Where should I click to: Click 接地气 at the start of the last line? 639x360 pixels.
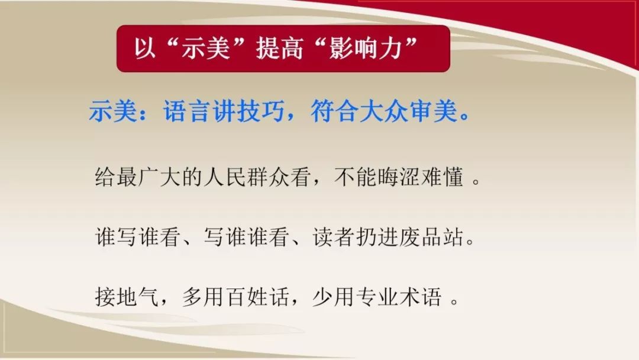[x=126, y=297]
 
